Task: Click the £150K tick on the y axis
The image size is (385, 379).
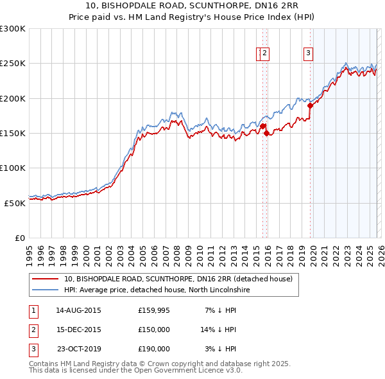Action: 13,133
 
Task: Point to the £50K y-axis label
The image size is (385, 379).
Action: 15,202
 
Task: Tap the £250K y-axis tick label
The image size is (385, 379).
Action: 13,64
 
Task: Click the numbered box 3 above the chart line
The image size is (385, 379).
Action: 308,53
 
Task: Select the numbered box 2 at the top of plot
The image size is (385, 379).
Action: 264,53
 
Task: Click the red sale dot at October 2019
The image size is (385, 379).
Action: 310,105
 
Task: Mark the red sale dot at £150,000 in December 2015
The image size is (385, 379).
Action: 266,133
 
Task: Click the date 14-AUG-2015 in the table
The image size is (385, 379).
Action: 78,310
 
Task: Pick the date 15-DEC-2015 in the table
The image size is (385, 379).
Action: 78,330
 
